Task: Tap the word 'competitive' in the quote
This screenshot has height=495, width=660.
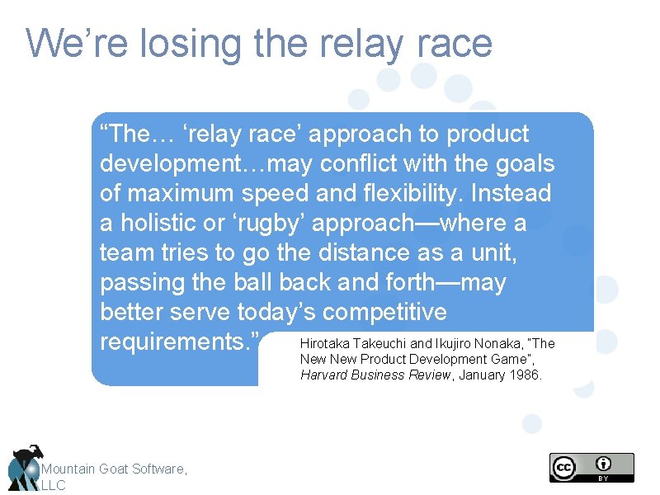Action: tap(384, 312)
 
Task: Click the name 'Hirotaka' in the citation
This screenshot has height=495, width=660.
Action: tap(325, 343)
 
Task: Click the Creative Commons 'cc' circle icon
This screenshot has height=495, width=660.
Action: tap(563, 468)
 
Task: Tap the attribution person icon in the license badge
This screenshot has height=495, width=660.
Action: tap(605, 464)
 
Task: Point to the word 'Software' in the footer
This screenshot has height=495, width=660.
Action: tap(157, 469)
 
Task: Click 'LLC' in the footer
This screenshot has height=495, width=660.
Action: tap(53, 485)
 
